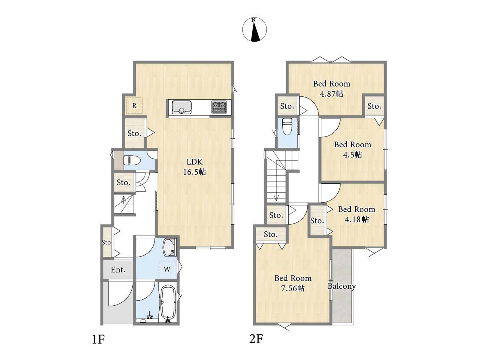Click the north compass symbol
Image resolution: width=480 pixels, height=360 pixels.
click(254, 30)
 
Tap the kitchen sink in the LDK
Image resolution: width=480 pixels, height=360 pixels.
click(181, 107)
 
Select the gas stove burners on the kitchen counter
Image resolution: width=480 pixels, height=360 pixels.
click(219, 107)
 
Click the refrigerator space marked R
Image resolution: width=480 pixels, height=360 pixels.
click(134, 106)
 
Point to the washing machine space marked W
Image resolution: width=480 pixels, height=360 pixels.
click(167, 269)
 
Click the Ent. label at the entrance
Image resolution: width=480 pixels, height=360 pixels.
click(118, 270)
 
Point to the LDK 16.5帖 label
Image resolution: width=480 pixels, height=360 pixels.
click(195, 167)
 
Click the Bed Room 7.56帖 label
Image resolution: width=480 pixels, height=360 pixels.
click(293, 283)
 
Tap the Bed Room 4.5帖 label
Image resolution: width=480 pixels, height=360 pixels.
click(352, 150)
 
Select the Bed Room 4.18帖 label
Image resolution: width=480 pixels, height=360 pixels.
click(357, 214)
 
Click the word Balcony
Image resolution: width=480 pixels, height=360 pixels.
click(342, 286)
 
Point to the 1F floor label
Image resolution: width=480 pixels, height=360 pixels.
click(98, 339)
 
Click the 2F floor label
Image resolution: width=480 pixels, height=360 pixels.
click(256, 339)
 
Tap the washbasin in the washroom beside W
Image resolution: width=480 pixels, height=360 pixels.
click(169, 247)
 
